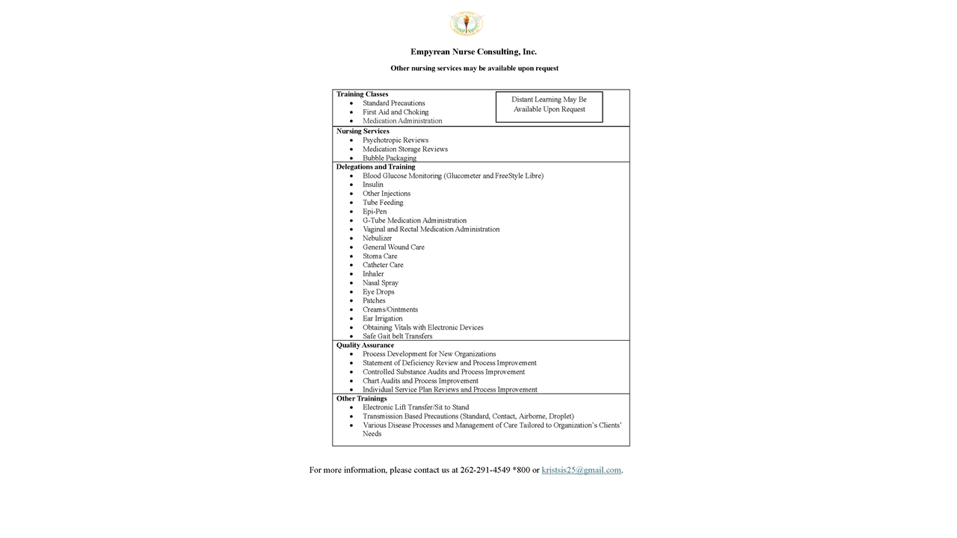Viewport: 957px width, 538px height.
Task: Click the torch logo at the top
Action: click(466, 23)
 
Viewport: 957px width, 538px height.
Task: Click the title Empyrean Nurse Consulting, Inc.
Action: click(473, 52)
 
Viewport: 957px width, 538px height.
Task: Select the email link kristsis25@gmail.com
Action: click(581, 470)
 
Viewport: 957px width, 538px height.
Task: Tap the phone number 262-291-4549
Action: click(485, 470)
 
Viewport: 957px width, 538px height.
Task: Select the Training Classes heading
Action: click(362, 94)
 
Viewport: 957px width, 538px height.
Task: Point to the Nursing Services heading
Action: click(363, 132)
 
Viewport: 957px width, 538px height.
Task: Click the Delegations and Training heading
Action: click(375, 167)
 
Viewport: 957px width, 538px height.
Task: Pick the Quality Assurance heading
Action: click(365, 345)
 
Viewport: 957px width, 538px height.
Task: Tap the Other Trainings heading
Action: click(361, 398)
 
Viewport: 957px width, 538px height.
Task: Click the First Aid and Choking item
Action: click(396, 112)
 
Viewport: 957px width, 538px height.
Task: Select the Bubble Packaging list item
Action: click(390, 158)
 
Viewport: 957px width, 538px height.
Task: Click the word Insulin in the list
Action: click(373, 185)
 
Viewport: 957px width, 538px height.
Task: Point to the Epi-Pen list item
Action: click(375, 211)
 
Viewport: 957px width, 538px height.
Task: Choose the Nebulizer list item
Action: click(377, 238)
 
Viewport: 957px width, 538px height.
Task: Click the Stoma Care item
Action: click(380, 256)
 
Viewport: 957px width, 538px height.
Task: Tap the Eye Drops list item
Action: click(378, 292)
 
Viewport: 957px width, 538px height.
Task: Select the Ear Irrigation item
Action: click(382, 318)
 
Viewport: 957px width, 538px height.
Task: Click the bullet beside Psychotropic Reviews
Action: click(352, 140)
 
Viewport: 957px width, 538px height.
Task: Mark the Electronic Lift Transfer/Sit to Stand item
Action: click(416, 407)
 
